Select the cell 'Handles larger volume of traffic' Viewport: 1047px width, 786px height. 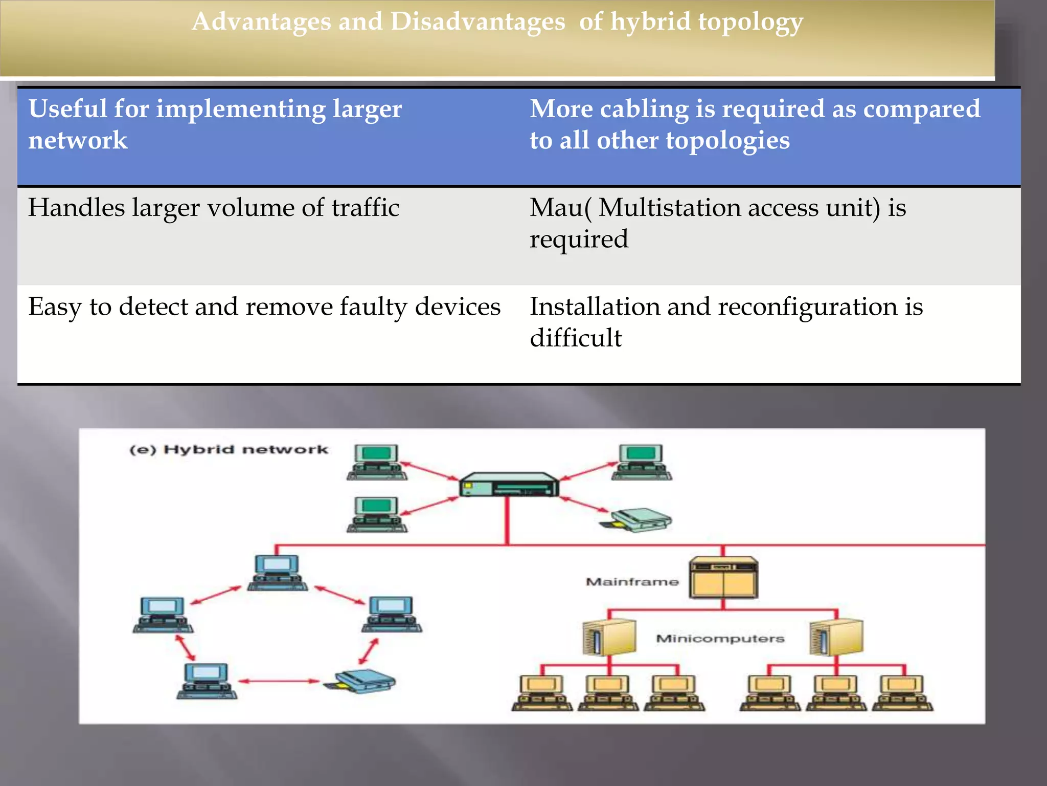point(214,208)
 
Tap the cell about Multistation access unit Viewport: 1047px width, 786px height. point(718,223)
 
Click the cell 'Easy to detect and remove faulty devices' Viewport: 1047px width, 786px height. point(264,307)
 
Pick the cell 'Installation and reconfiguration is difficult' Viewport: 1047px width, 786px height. point(726,322)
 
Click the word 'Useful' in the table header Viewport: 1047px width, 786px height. point(67,109)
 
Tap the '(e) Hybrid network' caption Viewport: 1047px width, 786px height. point(229,450)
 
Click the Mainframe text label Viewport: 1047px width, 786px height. point(632,582)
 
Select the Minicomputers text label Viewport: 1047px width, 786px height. point(720,639)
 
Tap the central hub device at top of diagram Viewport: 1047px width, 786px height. point(509,485)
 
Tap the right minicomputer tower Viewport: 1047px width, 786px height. point(836,637)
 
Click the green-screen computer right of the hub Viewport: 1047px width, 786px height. point(642,462)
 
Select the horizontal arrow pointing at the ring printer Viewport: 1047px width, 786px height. point(279,681)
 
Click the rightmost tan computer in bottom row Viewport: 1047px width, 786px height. point(902,693)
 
